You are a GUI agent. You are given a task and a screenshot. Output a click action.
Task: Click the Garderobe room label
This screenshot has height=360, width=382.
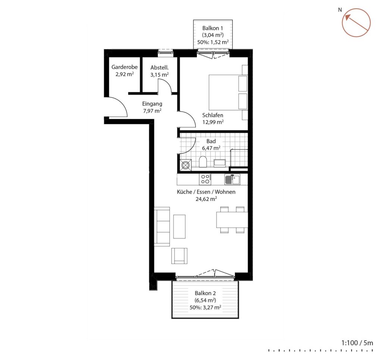point(125,67)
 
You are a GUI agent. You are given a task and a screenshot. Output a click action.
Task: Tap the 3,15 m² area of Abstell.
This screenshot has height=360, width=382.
point(160,74)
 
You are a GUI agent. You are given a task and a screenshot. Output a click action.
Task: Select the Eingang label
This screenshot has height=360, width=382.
point(152,104)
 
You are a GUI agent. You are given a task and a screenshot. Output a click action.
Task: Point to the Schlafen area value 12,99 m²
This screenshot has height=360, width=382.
point(213,122)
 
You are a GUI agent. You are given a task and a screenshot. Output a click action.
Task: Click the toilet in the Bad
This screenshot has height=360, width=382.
point(203,162)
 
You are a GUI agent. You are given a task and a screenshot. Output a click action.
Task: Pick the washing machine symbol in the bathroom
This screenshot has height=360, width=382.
point(186,165)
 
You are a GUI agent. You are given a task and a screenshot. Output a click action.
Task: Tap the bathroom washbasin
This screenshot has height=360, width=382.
point(220,163)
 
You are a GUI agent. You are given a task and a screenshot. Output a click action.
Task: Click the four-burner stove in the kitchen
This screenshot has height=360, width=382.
point(205,179)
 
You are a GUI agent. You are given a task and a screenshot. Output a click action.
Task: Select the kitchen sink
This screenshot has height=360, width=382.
point(232,179)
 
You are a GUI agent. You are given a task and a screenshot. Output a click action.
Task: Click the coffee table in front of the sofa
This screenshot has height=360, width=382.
point(179,226)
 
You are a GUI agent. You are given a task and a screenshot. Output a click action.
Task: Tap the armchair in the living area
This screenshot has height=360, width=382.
point(179,256)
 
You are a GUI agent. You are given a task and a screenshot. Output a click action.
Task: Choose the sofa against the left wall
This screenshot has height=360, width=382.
point(162,227)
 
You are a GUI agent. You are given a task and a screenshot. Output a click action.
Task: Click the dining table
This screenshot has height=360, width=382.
point(232,220)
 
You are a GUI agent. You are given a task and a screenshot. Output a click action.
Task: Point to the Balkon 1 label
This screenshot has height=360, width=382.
point(213,28)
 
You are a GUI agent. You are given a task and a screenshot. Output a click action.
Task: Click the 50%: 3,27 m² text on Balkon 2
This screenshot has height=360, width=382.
point(206,308)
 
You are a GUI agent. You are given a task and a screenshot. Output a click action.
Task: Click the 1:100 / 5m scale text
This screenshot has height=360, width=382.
point(357,343)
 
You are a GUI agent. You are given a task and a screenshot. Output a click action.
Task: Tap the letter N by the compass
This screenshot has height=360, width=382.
point(340,10)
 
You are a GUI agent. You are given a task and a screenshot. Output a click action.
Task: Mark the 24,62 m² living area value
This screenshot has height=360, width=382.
point(206,199)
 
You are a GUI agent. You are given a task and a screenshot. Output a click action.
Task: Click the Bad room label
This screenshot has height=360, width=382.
point(211,141)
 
